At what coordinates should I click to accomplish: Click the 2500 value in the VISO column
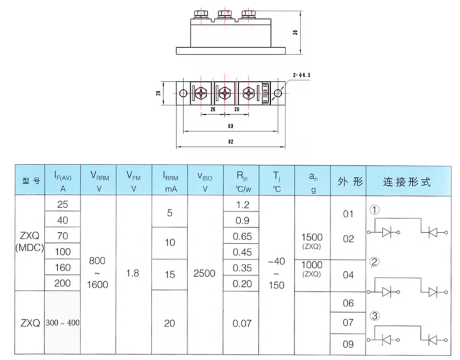click(205, 273)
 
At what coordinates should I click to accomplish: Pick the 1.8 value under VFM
click(133, 273)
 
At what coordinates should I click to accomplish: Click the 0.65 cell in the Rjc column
click(242, 237)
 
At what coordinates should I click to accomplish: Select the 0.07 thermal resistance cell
click(242, 324)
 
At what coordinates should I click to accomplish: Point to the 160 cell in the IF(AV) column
click(63, 267)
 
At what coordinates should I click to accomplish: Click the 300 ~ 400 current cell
click(63, 323)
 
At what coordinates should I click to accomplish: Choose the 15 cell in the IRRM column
click(170, 275)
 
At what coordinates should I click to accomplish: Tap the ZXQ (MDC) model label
click(29, 242)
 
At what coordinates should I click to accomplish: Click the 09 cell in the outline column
click(348, 344)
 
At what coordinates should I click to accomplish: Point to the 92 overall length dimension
click(230, 142)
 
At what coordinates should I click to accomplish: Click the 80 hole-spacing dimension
click(230, 126)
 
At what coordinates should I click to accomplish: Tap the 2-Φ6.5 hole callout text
click(302, 75)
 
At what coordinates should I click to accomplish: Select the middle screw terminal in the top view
click(225, 93)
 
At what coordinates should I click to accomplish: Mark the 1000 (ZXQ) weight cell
click(312, 269)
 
